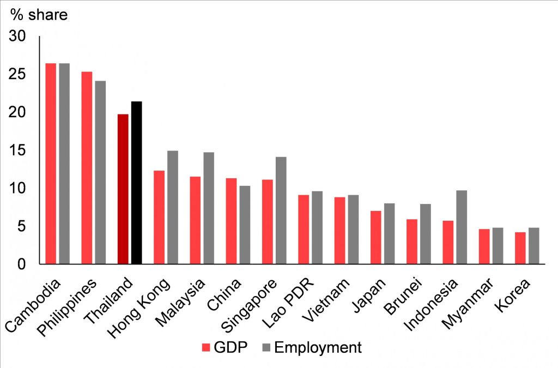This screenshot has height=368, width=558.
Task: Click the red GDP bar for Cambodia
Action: tap(51, 164)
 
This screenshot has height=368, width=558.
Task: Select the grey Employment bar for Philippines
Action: tap(100, 172)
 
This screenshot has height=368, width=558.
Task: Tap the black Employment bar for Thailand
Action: tap(136, 183)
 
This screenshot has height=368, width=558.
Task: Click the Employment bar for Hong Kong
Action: tap(172, 207)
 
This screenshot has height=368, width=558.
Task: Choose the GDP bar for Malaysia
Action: tap(195, 220)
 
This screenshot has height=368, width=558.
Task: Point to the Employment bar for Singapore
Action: tap(281, 210)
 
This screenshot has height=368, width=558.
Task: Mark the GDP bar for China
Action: tap(231, 221)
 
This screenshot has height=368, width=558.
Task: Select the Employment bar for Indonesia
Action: tap(462, 227)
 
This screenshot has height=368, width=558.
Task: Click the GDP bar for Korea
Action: tap(520, 248)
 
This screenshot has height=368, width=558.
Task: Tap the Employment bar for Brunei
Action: tap(426, 234)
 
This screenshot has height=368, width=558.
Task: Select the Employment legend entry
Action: tap(311, 347)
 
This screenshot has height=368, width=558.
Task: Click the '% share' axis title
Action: tap(39, 15)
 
